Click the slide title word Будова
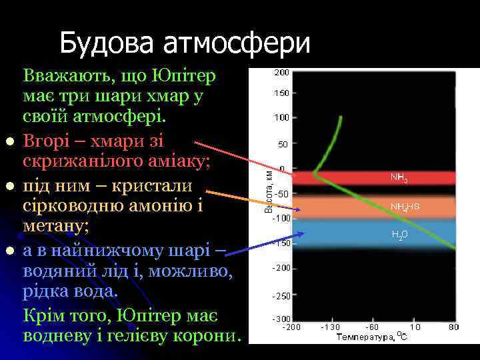(x=107, y=43)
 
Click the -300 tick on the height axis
(x=281, y=319)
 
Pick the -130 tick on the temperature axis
(x=331, y=327)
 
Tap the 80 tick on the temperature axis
(x=454, y=327)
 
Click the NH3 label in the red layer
(x=399, y=179)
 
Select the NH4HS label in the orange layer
(x=405, y=207)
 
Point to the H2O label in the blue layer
(x=399, y=235)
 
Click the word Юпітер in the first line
(x=184, y=75)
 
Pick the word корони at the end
(x=207, y=334)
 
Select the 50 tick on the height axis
(x=283, y=143)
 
